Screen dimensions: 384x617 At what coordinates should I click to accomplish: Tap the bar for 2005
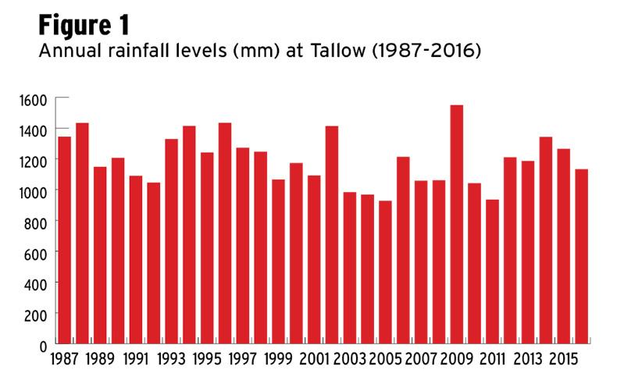(x=385, y=272)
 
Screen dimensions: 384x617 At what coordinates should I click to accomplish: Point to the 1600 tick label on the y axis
(x=34, y=99)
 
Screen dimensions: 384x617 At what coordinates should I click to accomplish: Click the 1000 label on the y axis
(x=34, y=191)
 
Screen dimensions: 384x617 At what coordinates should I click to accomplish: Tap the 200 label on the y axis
(x=37, y=314)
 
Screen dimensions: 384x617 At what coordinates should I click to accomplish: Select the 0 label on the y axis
(x=45, y=344)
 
